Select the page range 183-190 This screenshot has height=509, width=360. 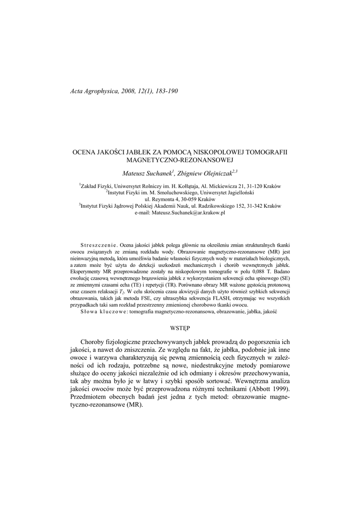(x=164, y=91)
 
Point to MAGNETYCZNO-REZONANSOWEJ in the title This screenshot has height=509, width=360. (x=180, y=161)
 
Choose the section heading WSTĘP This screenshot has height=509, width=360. (x=180, y=328)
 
